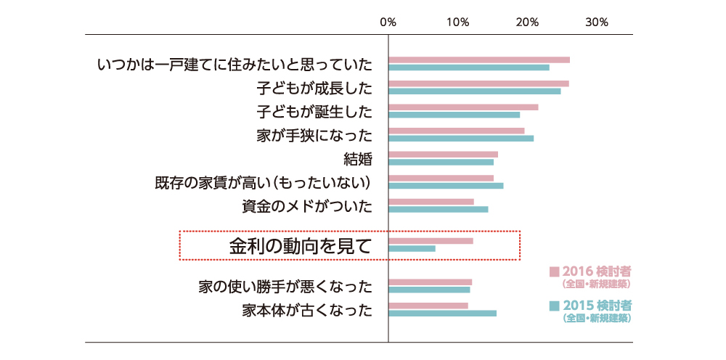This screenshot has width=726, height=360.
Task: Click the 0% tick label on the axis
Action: pyautogui.click(x=388, y=22)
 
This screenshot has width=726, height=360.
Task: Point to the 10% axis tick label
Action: pyautogui.click(x=457, y=22)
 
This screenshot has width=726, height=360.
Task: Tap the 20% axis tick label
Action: pyautogui.click(x=527, y=22)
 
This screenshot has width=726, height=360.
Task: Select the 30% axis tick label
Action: pyautogui.click(x=596, y=22)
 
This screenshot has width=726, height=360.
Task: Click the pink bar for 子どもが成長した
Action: pyautogui.click(x=478, y=83)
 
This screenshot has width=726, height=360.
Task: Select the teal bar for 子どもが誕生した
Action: pyautogui.click(x=454, y=115)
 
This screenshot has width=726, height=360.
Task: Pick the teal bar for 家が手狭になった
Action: pyautogui.click(x=461, y=138)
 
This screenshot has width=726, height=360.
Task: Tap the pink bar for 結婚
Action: pyautogui.click(x=444, y=154)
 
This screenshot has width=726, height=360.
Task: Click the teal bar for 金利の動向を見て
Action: pyautogui.click(x=412, y=249)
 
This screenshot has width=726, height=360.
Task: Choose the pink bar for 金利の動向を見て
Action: pyautogui.click(x=431, y=241)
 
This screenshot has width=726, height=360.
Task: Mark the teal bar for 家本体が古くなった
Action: pyautogui.click(x=443, y=314)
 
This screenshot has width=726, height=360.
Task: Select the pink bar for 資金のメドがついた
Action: pyautogui.click(x=431, y=202)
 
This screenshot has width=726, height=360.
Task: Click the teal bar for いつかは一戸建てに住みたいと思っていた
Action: pyautogui.click(x=469, y=67)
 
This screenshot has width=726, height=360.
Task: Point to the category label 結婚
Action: pyautogui.click(x=358, y=159)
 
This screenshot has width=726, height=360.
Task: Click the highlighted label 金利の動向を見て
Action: pyautogui.click(x=301, y=245)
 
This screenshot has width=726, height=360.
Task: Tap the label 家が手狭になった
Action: pyautogui.click(x=314, y=135)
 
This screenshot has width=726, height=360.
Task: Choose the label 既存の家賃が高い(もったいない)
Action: pyautogui.click(x=264, y=182)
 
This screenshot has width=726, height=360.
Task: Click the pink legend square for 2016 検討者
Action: pyautogui.click(x=554, y=272)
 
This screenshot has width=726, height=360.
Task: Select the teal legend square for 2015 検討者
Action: pyautogui.click(x=554, y=305)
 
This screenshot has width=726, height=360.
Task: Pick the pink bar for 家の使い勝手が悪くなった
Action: pyautogui.click(x=431, y=282)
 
